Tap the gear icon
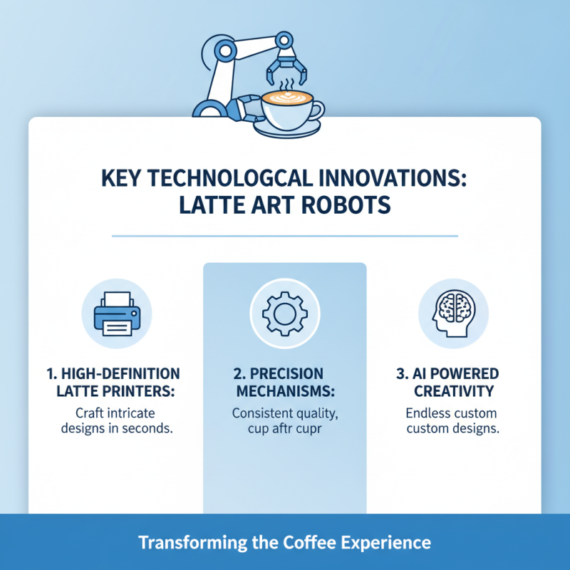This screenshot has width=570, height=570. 285,313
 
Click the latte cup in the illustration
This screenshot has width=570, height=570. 287,106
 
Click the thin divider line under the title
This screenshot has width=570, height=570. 285,235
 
